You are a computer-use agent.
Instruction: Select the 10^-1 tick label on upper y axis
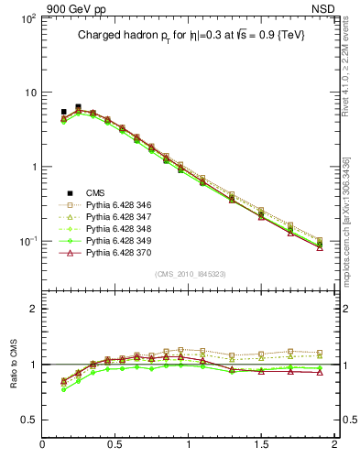coord(27,241)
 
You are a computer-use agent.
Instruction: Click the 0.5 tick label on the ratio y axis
coord(28,420)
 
